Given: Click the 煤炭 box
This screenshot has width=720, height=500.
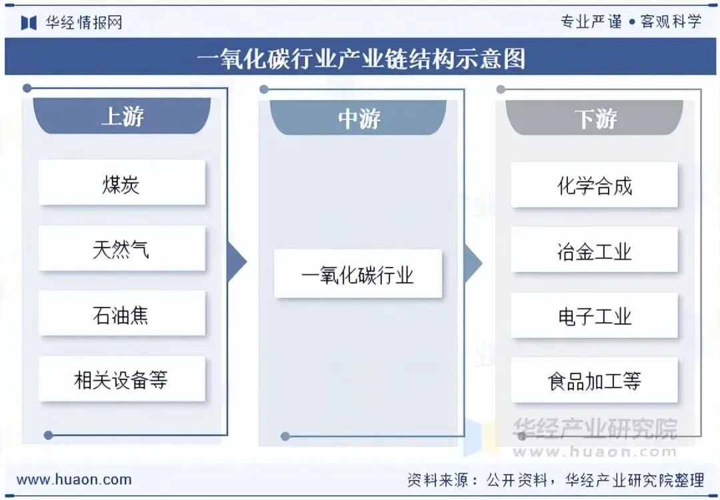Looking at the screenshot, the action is click(x=121, y=182).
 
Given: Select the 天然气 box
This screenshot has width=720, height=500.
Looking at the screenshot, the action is click(x=121, y=248).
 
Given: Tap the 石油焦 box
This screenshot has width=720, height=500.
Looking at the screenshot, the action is click(x=121, y=314).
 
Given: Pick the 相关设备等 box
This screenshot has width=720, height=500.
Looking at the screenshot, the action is click(x=121, y=379).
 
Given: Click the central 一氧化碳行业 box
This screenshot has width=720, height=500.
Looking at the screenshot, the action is click(x=358, y=274).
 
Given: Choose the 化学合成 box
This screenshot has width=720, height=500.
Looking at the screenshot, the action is click(x=594, y=185).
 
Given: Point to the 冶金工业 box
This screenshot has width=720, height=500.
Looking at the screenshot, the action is click(x=594, y=250).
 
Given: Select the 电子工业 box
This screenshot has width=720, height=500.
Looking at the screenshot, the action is click(x=594, y=316).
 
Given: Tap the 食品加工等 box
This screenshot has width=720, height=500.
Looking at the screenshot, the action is click(x=594, y=381).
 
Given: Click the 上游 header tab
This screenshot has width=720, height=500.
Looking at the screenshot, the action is click(x=122, y=117).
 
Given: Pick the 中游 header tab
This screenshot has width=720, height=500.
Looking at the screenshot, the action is click(x=358, y=118).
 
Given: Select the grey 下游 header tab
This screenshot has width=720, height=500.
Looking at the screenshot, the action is click(x=595, y=119).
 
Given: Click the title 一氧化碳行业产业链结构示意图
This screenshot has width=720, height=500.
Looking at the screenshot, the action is click(x=361, y=58).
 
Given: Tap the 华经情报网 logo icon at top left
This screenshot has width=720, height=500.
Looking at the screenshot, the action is click(x=28, y=23).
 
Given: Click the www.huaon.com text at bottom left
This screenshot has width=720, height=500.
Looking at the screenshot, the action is click(x=74, y=479).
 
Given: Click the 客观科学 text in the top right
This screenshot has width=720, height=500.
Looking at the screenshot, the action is click(x=671, y=21).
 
